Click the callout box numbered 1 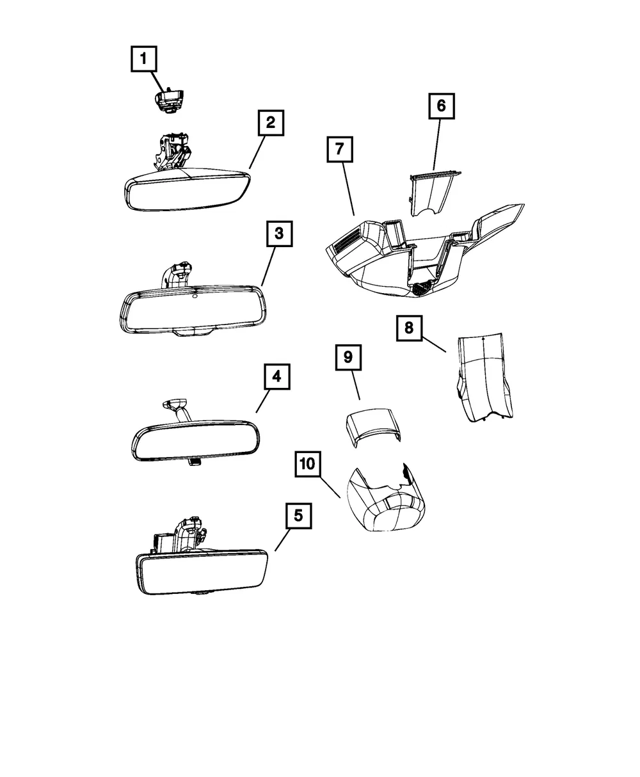click(x=143, y=59)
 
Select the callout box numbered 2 click(x=271, y=123)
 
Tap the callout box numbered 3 click(x=280, y=234)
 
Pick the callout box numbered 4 click(x=277, y=376)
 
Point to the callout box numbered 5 click(x=298, y=516)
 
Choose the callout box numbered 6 click(x=442, y=106)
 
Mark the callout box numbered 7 click(x=340, y=149)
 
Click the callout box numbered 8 click(x=410, y=328)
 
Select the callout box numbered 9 click(x=348, y=357)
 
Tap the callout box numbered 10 click(x=308, y=464)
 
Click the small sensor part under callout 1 click(x=168, y=100)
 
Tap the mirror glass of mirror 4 click(x=196, y=440)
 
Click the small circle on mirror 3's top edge click(x=195, y=296)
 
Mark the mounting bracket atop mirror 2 click(x=171, y=150)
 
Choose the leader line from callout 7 click(x=348, y=189)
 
